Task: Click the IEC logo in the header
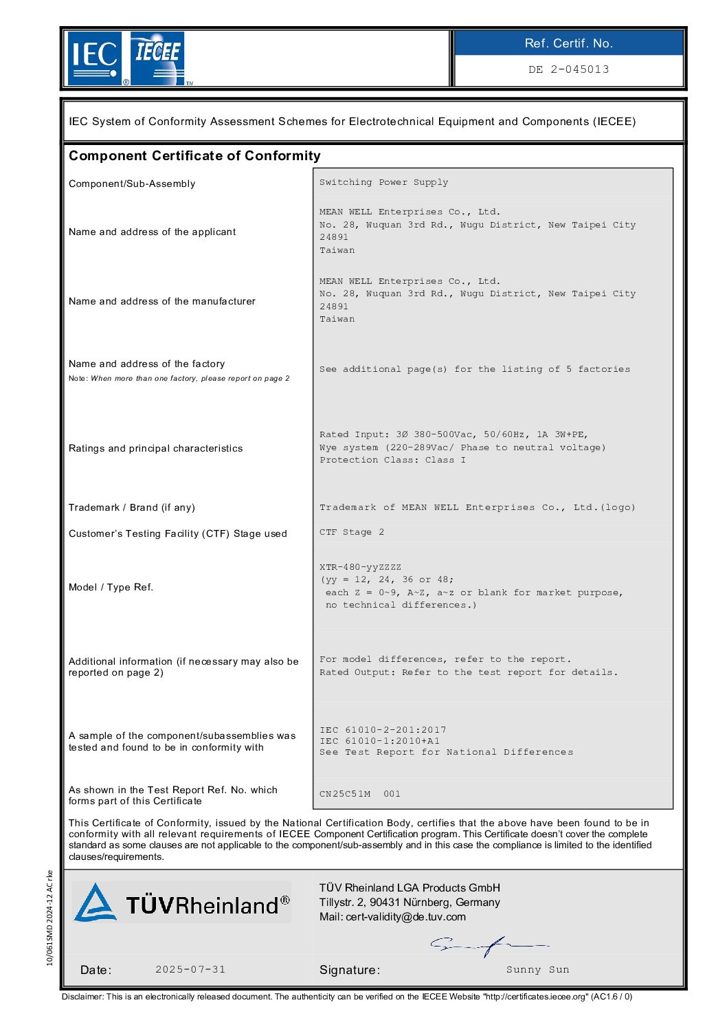[x=95, y=58]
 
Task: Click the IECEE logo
[x=157, y=58]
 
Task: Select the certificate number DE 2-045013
[x=568, y=69]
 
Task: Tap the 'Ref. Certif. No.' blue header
[x=568, y=43]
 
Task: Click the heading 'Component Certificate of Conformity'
[x=194, y=156]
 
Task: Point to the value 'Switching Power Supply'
[x=383, y=182]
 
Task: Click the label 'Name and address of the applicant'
[x=152, y=232]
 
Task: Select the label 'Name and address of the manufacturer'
[x=161, y=301]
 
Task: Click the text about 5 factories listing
[x=474, y=369]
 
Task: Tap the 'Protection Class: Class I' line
[x=392, y=460]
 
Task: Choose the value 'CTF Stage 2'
[x=352, y=532]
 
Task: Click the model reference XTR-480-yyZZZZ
[x=360, y=567]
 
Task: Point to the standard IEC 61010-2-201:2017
[x=383, y=730]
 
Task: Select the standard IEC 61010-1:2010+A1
[x=379, y=741]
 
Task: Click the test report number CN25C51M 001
[x=359, y=794]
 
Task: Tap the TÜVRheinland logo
[x=182, y=903]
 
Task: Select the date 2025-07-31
[x=190, y=969]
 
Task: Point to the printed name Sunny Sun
[x=537, y=970]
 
